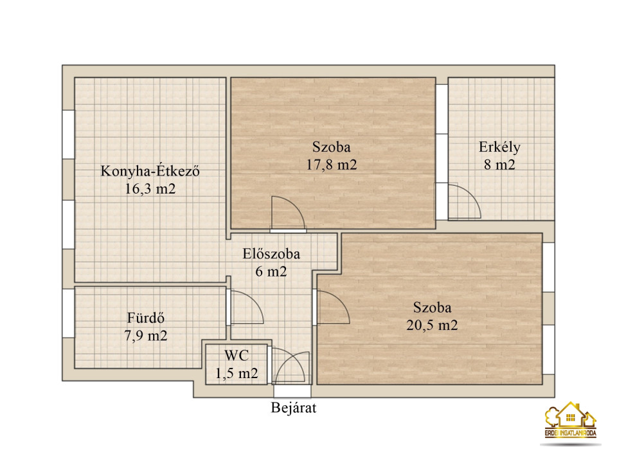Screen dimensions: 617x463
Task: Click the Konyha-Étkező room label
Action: (x=150, y=171)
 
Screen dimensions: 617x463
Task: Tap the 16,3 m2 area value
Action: (x=150, y=189)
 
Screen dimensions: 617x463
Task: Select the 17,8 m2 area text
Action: (x=332, y=165)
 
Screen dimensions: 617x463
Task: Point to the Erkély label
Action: (x=499, y=147)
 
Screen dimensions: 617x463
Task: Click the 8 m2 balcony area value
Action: (x=499, y=165)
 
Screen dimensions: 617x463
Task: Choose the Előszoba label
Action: (x=271, y=254)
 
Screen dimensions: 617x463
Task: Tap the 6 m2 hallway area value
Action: (x=271, y=271)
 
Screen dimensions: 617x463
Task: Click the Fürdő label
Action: (x=146, y=318)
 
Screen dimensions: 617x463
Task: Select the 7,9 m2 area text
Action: (x=146, y=336)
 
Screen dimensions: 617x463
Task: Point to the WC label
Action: (x=237, y=356)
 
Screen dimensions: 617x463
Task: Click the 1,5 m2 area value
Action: (x=237, y=373)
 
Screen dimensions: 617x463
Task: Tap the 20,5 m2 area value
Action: (x=432, y=325)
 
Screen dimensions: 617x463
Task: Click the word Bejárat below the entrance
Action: (x=294, y=408)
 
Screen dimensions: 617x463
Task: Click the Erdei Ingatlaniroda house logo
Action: (x=570, y=420)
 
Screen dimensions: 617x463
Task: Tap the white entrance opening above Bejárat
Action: (x=292, y=392)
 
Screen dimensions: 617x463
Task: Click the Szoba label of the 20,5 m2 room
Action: (x=432, y=307)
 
